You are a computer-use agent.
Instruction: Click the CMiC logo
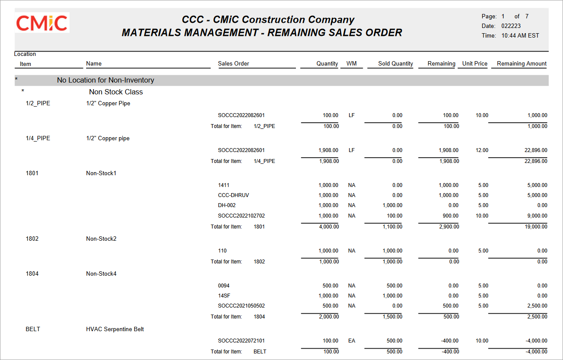tap(42, 23)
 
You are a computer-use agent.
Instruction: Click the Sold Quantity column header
tap(395, 64)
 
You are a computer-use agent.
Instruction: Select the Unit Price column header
tap(475, 64)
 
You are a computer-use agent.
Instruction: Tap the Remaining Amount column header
tap(521, 64)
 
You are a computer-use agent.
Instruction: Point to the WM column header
tap(351, 64)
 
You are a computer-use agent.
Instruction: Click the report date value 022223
tap(511, 26)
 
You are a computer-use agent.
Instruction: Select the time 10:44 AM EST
tap(520, 36)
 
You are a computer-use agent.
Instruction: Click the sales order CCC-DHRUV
tap(233, 195)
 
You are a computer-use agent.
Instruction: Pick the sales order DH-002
tap(227, 205)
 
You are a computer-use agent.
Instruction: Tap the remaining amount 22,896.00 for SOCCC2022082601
tap(535, 150)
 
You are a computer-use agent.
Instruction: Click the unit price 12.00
tap(482, 150)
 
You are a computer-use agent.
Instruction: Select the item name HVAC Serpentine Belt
tap(115, 329)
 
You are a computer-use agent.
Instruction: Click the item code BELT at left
tap(33, 329)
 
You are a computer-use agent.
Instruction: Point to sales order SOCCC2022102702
tap(241, 216)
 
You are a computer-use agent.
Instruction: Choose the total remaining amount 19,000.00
tap(535, 227)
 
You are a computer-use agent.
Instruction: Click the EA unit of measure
tap(351, 341)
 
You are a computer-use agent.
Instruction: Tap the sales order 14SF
tap(224, 296)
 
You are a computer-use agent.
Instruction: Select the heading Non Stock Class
tap(116, 92)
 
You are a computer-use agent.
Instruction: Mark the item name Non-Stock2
tap(101, 239)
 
